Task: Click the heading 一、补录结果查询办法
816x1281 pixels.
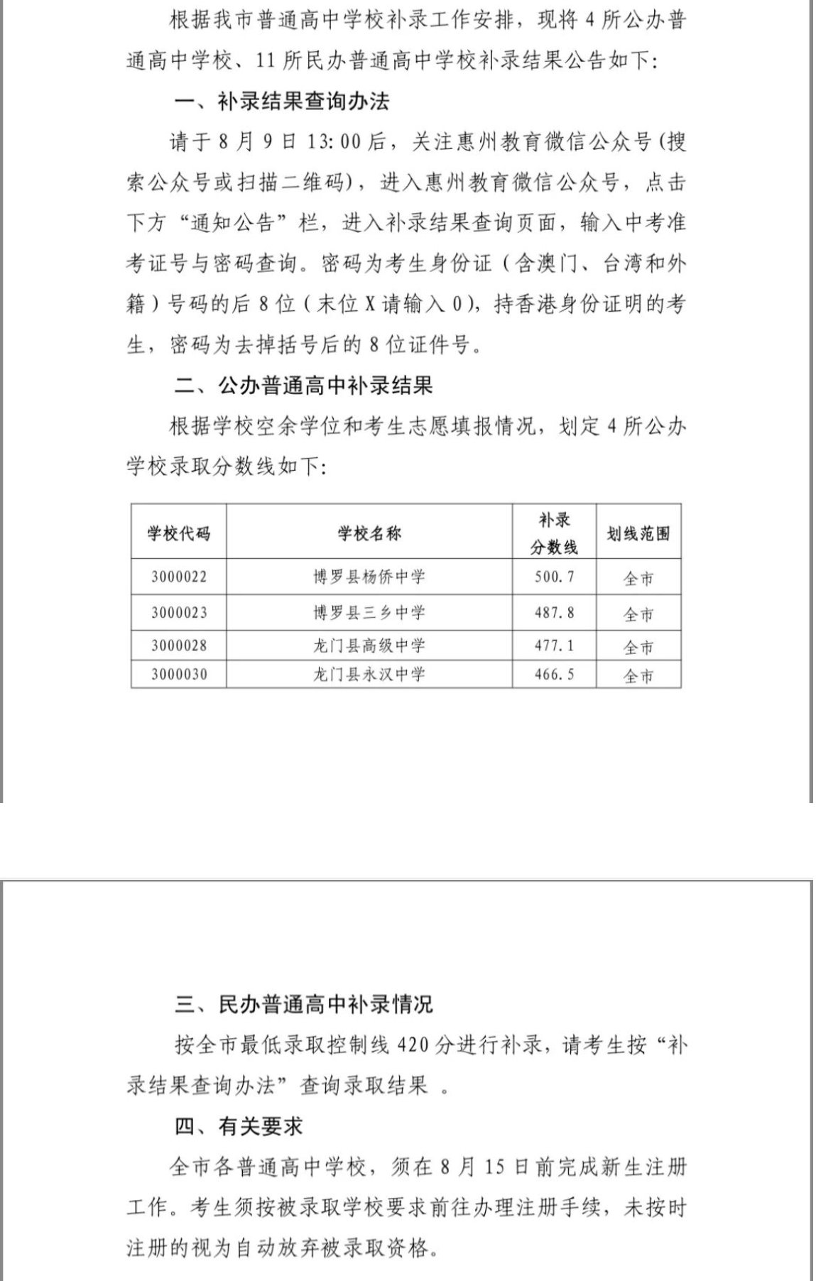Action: (x=282, y=102)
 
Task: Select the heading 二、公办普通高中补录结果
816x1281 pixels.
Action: (x=303, y=386)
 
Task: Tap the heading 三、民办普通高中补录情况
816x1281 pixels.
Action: (x=303, y=1005)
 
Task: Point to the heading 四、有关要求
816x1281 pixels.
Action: (x=239, y=1126)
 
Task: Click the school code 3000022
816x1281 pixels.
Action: (x=179, y=577)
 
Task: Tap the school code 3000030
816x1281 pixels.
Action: (x=179, y=675)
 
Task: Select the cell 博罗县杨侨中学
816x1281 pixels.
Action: (x=369, y=577)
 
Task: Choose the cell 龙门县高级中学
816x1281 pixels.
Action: (x=369, y=646)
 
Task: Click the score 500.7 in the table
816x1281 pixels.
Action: (x=554, y=577)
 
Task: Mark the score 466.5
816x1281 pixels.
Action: (x=554, y=675)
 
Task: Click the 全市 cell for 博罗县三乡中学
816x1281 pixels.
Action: (x=638, y=614)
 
